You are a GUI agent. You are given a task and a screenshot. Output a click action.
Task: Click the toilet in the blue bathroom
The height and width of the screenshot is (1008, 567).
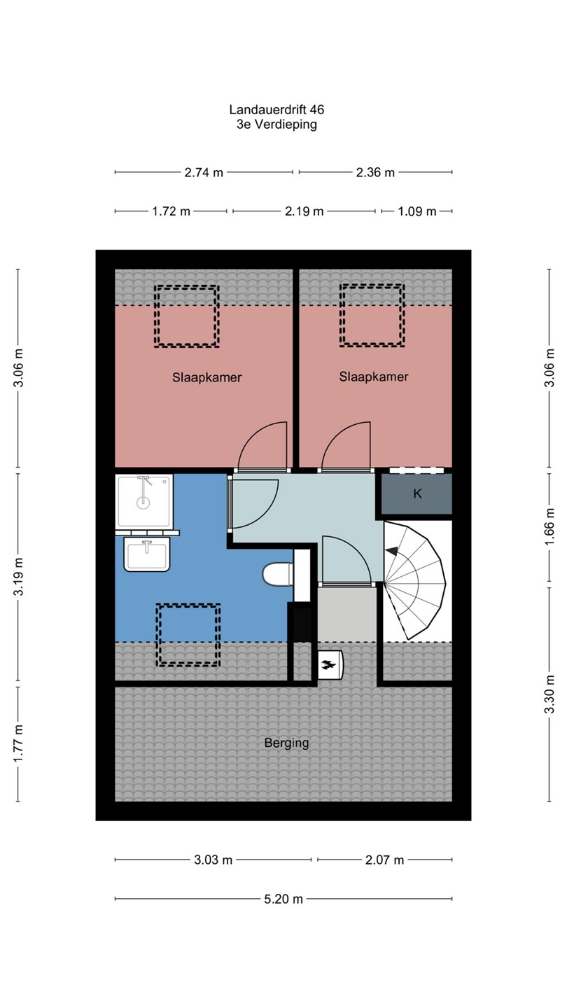277,575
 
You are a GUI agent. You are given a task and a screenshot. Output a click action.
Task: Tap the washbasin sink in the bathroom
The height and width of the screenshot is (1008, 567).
147,554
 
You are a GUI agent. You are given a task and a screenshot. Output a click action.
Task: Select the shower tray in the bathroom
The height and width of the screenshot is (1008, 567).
144,500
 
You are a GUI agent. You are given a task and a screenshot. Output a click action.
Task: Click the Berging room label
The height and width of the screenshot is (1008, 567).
286,743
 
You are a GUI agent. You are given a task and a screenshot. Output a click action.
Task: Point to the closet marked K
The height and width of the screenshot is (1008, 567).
417,493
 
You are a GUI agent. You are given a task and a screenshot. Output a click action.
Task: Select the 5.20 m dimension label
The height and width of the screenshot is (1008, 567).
283,899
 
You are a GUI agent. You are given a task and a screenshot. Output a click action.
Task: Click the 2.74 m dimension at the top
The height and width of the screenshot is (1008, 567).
204,172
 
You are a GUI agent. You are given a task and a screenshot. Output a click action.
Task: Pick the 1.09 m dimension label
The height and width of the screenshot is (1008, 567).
416,211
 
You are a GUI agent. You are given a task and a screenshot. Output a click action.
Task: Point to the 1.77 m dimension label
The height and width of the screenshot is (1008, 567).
18,743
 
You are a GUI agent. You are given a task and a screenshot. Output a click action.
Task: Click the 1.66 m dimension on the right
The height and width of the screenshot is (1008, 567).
549,526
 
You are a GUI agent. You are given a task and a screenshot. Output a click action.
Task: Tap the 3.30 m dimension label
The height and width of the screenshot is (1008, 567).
549,695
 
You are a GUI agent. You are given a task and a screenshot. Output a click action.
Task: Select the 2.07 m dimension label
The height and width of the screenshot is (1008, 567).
384,860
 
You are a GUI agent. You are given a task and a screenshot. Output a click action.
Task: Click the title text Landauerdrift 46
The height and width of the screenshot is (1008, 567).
276,109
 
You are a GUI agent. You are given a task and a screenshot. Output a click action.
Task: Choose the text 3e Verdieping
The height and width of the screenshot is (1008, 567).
276,124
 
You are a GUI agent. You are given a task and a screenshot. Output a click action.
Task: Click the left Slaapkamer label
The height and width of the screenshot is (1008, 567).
207,377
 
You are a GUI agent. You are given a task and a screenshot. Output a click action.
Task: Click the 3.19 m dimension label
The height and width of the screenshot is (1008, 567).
18,577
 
